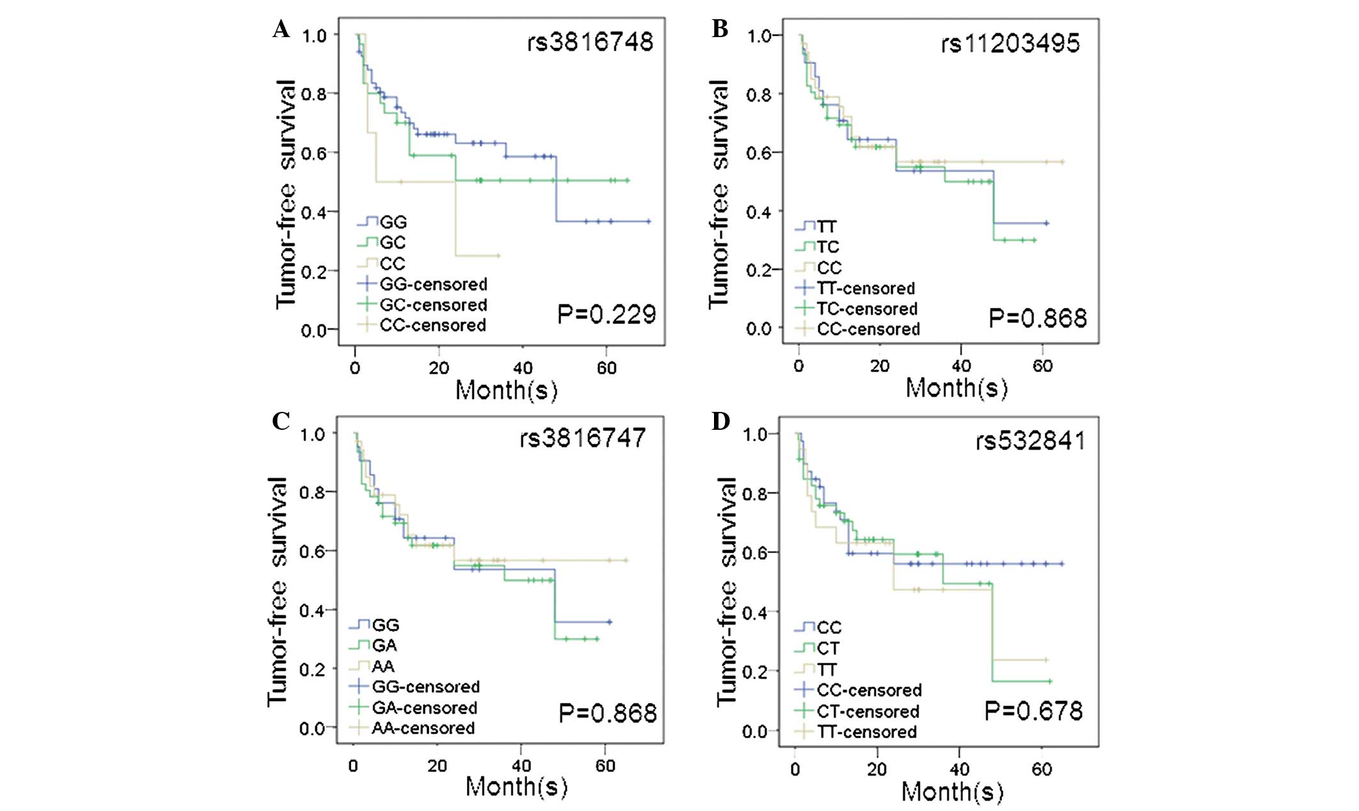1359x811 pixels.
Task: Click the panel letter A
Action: click(x=281, y=29)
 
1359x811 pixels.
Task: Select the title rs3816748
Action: click(x=589, y=42)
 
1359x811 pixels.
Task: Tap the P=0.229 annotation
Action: click(x=606, y=315)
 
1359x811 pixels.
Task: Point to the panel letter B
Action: click(x=720, y=29)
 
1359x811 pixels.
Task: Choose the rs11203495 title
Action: click(x=1010, y=43)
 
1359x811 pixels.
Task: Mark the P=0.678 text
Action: click(x=1033, y=711)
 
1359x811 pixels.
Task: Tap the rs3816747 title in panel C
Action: click(x=582, y=438)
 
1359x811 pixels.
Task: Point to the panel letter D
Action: click(x=720, y=422)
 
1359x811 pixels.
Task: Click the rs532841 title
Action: click(x=1030, y=441)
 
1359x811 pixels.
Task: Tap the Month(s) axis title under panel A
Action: click(x=506, y=390)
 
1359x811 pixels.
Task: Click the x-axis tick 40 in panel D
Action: click(x=959, y=769)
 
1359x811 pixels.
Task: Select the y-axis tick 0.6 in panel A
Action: click(x=315, y=153)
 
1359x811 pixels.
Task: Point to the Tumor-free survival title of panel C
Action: click(x=277, y=592)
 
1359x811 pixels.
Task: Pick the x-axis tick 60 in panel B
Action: click(x=1042, y=366)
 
